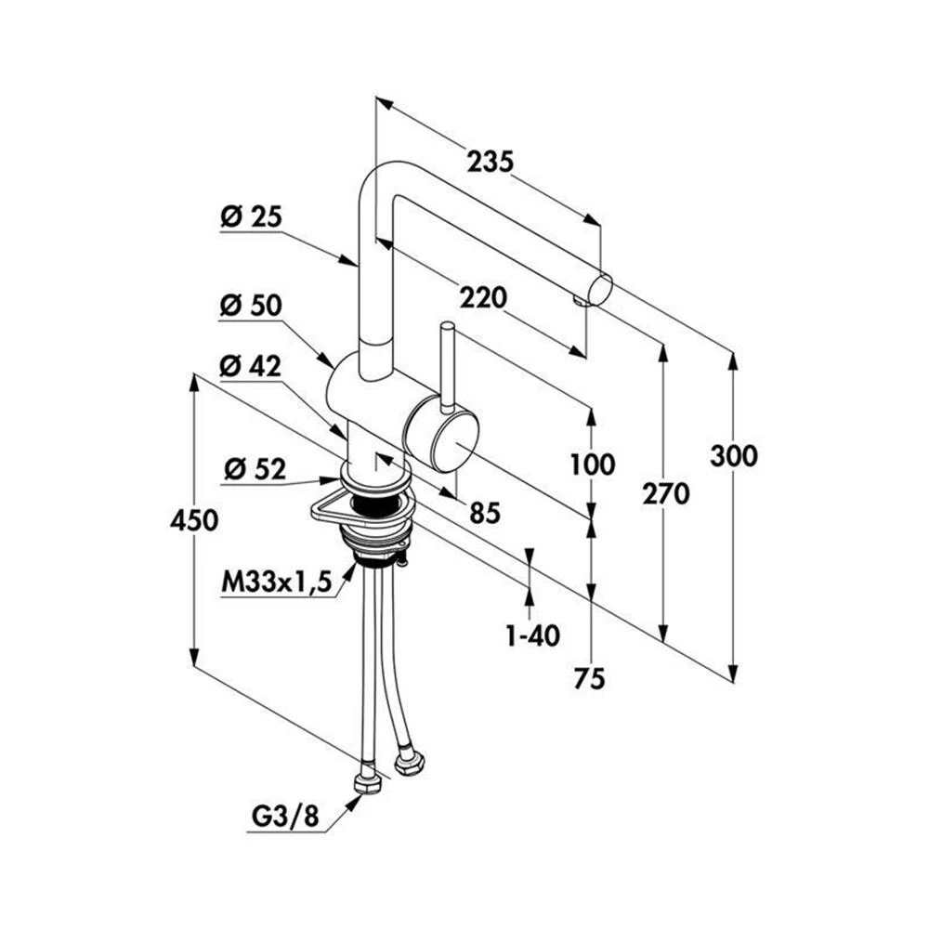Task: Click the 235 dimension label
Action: [490, 161]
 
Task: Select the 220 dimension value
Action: [483, 298]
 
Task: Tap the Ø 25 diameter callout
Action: [251, 216]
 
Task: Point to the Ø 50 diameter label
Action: [251, 307]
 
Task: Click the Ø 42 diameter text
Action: [250, 367]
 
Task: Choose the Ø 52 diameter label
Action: [255, 470]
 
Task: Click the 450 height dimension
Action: [194, 521]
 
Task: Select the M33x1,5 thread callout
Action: [276, 582]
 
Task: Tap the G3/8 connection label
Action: [285, 817]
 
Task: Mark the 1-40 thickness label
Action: [532, 635]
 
